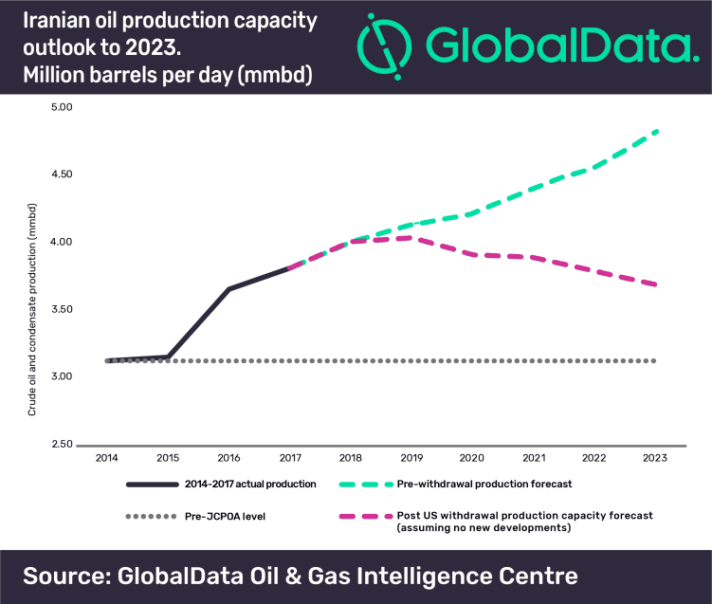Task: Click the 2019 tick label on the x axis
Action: [411, 458]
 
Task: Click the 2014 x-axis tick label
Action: [108, 458]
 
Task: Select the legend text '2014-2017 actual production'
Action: [250, 484]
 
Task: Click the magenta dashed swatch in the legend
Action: [366, 516]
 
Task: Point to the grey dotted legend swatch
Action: [152, 516]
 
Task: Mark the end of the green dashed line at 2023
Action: [656, 131]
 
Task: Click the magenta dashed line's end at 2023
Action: [656, 284]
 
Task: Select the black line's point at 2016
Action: [229, 288]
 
